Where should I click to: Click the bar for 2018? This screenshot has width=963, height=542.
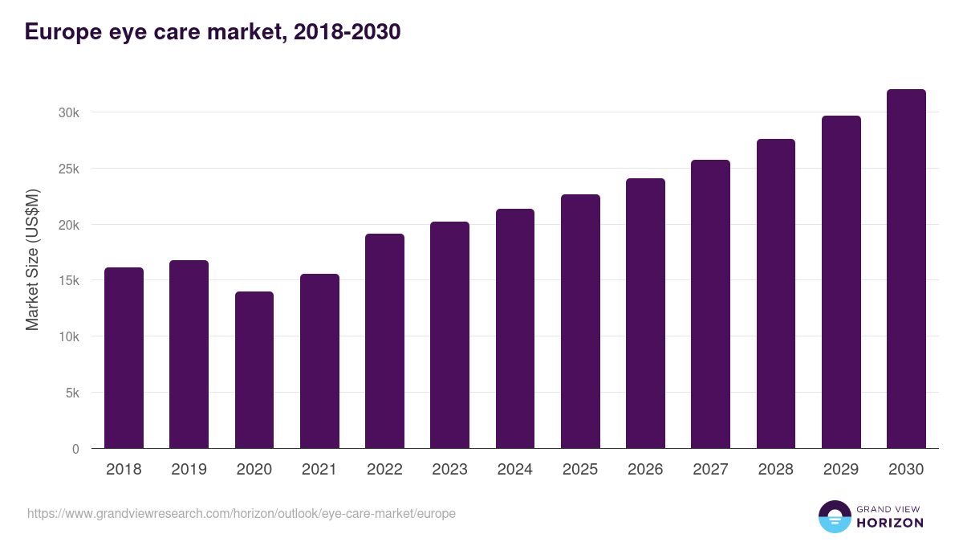point(124,358)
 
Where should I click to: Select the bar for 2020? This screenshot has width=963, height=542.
point(254,370)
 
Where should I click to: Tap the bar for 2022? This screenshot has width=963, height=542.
point(384,341)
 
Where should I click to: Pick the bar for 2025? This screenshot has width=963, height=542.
point(580,321)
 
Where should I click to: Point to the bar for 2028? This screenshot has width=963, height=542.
point(776,294)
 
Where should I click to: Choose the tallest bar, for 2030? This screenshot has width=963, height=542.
point(906,269)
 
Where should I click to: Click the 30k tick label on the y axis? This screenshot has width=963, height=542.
point(69,113)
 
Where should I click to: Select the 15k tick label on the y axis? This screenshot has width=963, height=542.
point(69,281)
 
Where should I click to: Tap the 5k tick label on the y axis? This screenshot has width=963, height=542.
point(72,393)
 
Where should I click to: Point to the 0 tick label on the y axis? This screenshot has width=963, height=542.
point(75,450)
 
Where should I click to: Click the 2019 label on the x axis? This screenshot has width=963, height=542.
point(189,470)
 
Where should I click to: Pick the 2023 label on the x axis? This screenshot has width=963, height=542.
point(449,470)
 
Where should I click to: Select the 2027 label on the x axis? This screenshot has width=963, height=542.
point(710,470)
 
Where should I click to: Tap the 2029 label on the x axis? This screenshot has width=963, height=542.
point(841,470)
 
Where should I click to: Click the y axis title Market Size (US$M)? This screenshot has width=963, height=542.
point(32,260)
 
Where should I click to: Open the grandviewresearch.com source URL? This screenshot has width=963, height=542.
point(242,513)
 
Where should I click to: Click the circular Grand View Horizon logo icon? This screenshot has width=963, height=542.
point(834,516)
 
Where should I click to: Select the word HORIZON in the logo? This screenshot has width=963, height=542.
point(890,523)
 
